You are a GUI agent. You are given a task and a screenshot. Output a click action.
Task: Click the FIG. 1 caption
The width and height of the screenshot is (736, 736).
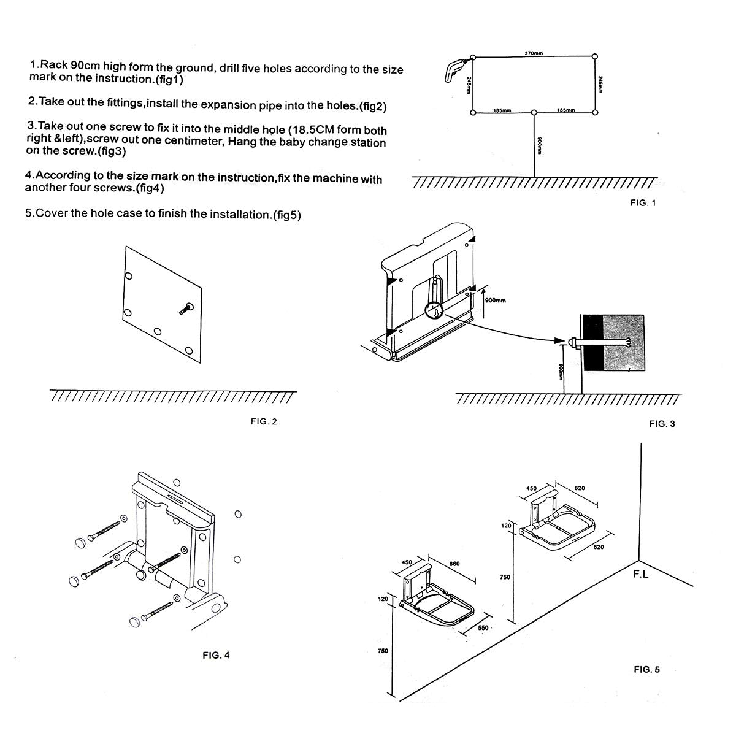(x=643, y=203)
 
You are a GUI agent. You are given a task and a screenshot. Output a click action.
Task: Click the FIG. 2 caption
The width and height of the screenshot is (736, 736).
(x=264, y=421)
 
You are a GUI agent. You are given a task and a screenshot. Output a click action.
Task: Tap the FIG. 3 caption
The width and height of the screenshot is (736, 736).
(x=662, y=424)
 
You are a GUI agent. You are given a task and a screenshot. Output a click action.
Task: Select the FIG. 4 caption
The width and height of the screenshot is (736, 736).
(x=216, y=655)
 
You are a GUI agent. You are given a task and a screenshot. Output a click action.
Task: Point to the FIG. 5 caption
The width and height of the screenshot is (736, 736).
(x=646, y=669)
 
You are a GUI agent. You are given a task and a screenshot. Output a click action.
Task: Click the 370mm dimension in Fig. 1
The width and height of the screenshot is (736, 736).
(x=534, y=53)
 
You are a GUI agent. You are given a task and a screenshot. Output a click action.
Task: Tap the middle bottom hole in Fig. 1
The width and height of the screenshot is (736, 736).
(x=534, y=113)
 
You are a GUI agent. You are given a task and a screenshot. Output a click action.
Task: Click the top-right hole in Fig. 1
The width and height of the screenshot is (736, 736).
(x=595, y=56)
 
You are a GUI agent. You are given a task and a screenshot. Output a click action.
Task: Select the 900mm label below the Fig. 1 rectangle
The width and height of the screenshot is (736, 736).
(x=539, y=146)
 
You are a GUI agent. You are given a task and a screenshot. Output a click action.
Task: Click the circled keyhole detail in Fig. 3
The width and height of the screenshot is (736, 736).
(x=434, y=311)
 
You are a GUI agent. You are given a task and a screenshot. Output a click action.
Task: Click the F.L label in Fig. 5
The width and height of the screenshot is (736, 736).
(x=640, y=575)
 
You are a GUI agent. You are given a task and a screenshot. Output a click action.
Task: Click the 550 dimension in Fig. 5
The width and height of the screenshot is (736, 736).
(x=483, y=628)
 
